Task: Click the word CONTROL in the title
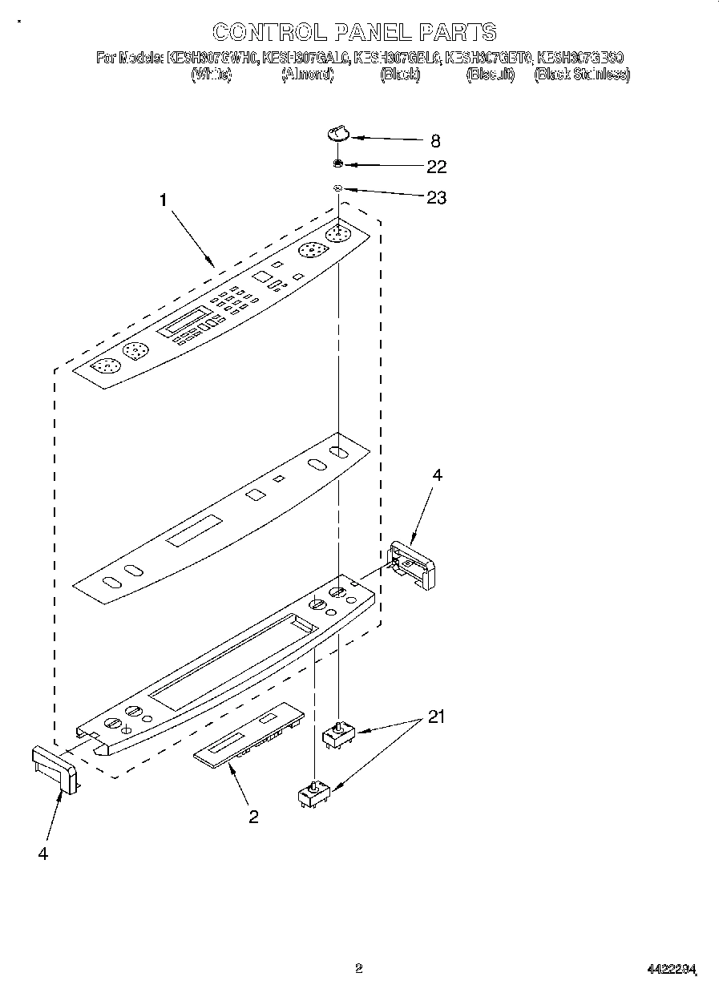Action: [x=269, y=32]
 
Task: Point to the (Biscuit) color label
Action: [x=490, y=75]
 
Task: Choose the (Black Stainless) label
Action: [x=582, y=75]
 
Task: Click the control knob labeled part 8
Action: [x=339, y=133]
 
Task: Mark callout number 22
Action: [x=436, y=168]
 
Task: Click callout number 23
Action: [x=436, y=197]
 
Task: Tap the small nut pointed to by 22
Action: [x=339, y=164]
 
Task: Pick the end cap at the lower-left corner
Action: [x=55, y=768]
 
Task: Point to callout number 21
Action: [x=435, y=716]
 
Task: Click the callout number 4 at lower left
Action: [x=42, y=854]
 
